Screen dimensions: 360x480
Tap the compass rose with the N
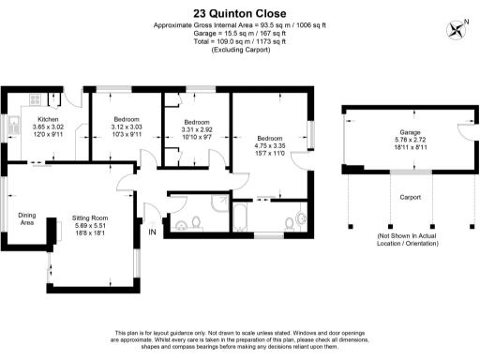click(x=457, y=28)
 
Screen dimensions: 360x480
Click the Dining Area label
click(x=27, y=218)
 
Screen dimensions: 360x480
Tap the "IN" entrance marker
click(x=151, y=232)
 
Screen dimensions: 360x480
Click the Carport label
click(x=410, y=198)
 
